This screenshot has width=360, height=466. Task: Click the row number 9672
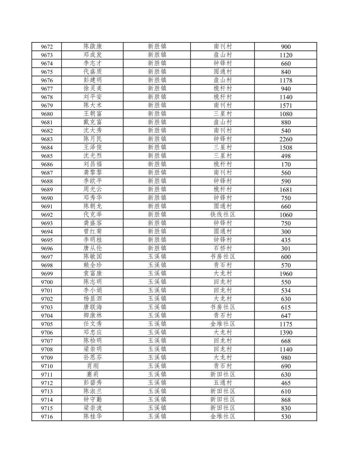tap(47, 47)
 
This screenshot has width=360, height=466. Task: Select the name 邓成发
tap(93, 55)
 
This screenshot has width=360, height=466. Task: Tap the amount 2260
tap(286, 139)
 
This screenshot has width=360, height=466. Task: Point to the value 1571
tap(286, 106)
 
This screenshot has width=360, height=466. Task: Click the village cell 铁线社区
tap(223, 215)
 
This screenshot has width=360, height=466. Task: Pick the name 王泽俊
tap(93, 147)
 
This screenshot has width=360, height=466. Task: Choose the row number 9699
tap(47, 274)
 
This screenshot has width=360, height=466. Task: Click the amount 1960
tap(286, 274)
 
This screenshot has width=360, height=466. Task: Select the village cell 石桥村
tap(223, 248)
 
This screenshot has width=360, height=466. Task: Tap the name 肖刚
tap(93, 366)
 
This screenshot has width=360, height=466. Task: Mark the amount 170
tap(286, 164)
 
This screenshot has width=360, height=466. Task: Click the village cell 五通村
tap(223, 383)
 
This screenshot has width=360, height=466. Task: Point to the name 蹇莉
tap(93, 375)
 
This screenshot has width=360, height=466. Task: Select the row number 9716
tap(47, 417)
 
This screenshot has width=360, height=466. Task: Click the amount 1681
tap(286, 190)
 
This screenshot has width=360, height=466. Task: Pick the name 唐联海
tap(93, 307)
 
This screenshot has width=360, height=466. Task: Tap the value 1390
tap(286, 333)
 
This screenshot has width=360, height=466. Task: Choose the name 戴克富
tap(93, 122)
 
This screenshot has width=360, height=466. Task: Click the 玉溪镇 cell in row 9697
tap(157, 257)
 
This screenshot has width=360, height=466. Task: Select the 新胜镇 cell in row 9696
tap(157, 248)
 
